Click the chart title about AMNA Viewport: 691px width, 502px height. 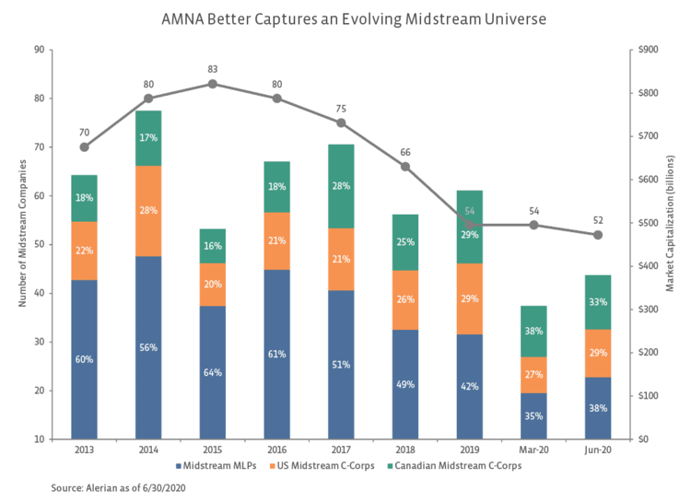click(x=345, y=18)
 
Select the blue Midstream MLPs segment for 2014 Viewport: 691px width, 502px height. click(x=148, y=347)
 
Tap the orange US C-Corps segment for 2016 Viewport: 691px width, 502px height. click(x=276, y=241)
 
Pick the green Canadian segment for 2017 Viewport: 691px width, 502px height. click(x=341, y=186)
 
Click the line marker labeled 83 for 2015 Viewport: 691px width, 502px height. click(x=213, y=84)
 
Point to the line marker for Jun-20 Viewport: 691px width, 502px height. click(x=598, y=235)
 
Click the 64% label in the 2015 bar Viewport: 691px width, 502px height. click(x=213, y=372)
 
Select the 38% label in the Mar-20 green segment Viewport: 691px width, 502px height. click(x=533, y=332)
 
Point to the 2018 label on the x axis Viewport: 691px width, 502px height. click(x=405, y=449)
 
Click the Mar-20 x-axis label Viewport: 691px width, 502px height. click(x=533, y=449)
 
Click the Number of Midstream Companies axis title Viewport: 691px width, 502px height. click(x=21, y=244)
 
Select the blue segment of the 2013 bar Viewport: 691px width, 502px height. click(x=84, y=359)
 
